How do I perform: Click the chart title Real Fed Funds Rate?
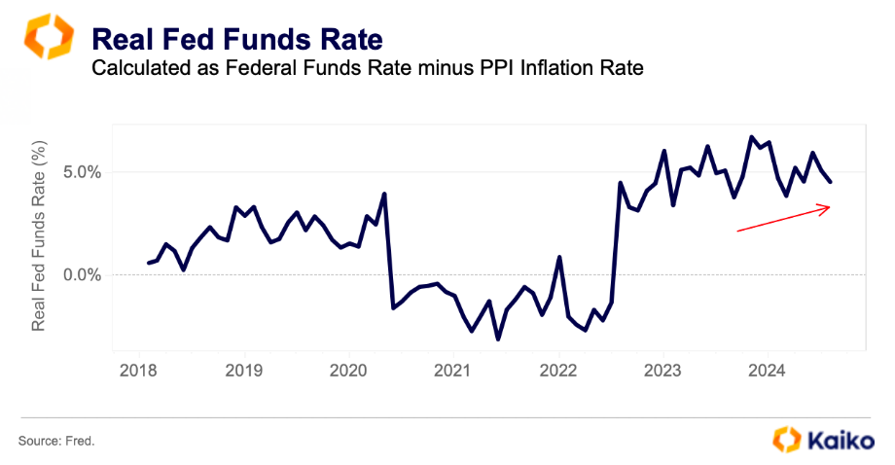pos(236,40)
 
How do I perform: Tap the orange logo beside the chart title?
pos(48,37)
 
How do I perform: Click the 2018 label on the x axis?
pos(138,371)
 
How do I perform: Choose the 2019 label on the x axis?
pos(243,371)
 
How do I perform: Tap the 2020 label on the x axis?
pos(348,371)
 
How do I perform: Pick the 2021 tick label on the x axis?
pos(453,371)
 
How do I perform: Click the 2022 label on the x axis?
pos(558,371)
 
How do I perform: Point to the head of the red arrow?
pos(828,206)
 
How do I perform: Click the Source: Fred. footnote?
pos(57,441)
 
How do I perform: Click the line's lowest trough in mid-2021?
pos(498,339)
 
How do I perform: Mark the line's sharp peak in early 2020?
pos(385,194)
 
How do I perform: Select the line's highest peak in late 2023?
pos(752,137)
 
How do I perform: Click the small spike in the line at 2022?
pos(559,257)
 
